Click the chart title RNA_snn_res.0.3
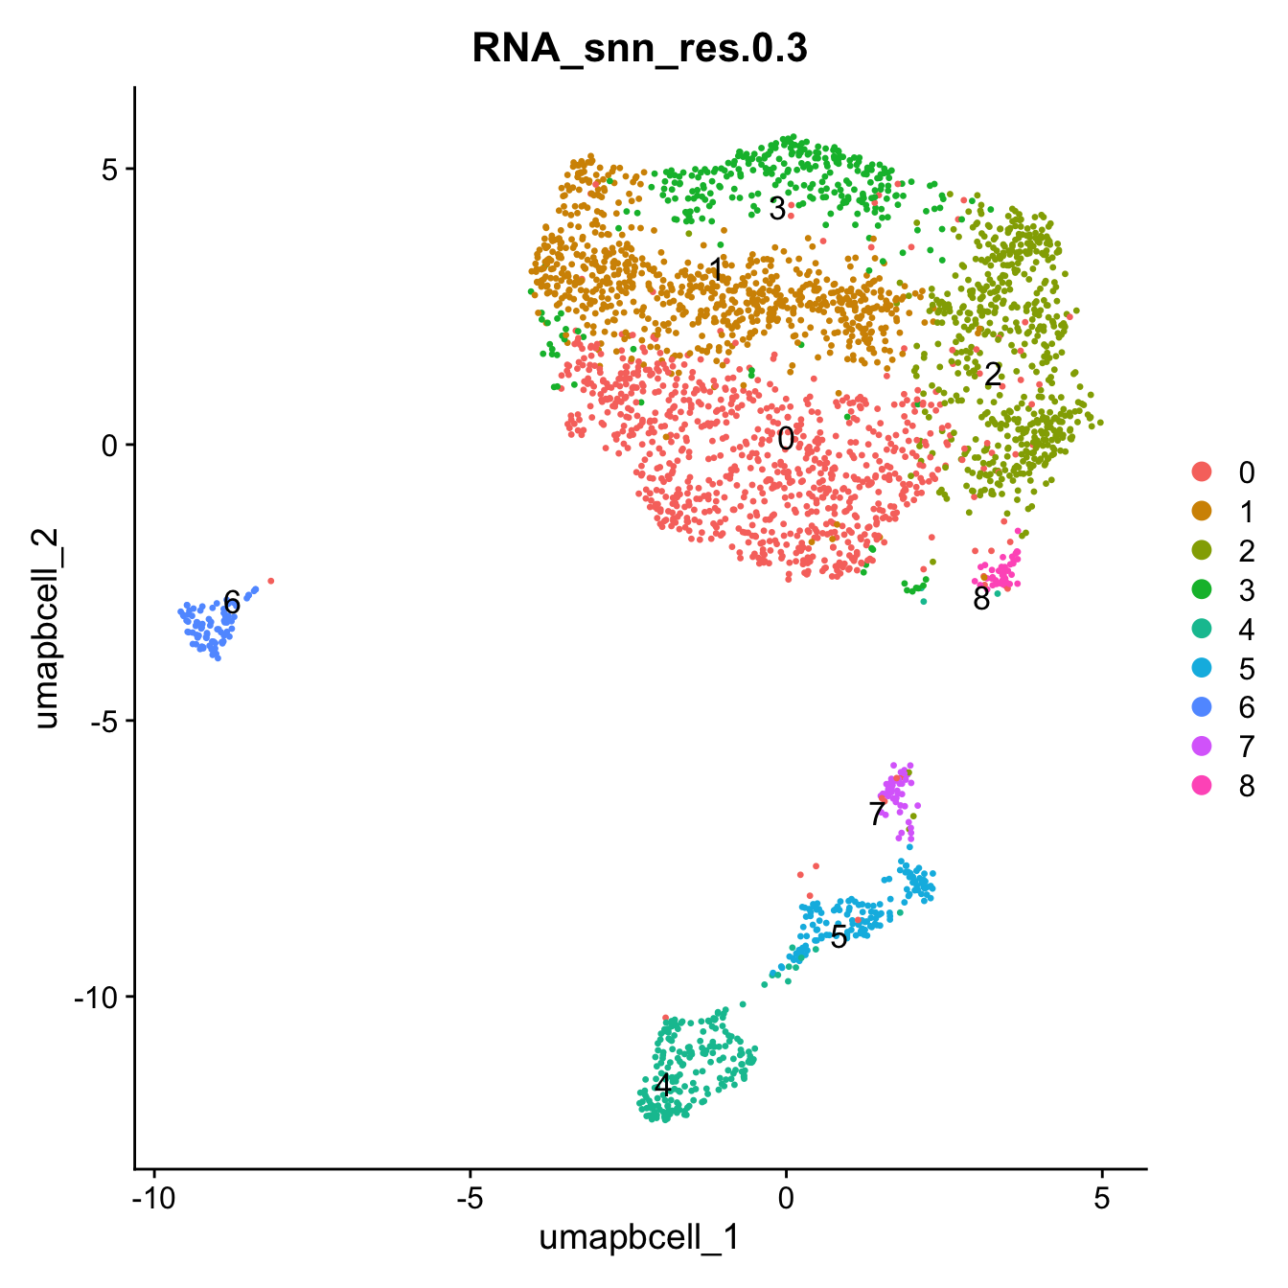tap(639, 49)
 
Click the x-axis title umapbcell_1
tap(639, 1237)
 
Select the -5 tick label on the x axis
tap(470, 1197)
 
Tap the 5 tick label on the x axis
tap(1102, 1197)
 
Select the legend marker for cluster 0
tap(1201, 471)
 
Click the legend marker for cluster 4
tap(1201, 629)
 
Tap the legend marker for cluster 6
tap(1201, 707)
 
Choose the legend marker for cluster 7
tap(1201, 747)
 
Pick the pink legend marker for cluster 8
tap(1201, 786)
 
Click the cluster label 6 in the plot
tap(231, 603)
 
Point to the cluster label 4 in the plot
tap(662, 1085)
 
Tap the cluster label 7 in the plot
tap(877, 814)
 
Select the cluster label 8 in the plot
tap(981, 599)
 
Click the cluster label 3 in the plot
tap(777, 208)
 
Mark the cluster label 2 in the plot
tap(993, 374)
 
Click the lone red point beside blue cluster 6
tap(271, 581)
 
